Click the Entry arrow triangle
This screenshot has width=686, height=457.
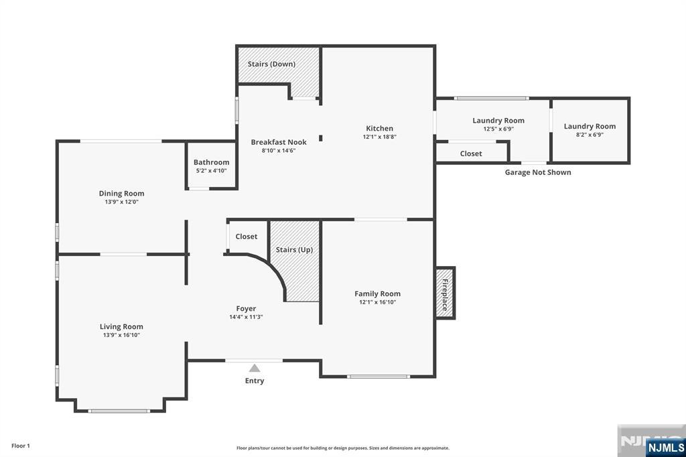pos(255,368)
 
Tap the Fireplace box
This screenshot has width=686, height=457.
pos(445,293)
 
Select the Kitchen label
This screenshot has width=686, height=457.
pos(379,128)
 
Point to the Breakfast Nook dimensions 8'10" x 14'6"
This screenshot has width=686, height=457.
pos(279,151)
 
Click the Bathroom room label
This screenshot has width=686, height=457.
pos(211,162)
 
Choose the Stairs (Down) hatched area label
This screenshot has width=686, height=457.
pos(271,64)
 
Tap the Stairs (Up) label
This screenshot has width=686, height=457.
pos(294,249)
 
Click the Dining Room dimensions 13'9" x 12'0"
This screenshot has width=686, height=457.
pos(122,202)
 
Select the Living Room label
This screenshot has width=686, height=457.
pos(121,326)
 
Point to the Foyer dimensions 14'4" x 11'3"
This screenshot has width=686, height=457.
pos(246,317)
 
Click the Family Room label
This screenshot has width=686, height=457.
pos(377,293)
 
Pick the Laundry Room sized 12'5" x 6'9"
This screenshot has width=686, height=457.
pos(498,121)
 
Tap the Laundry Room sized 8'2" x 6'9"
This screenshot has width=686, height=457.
pos(590,126)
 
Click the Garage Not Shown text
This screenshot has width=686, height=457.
pos(538,172)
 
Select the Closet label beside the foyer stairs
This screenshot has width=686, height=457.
pos(247,237)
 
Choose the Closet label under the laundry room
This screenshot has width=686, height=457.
pos(471,153)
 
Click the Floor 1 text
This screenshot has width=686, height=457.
pos(21,446)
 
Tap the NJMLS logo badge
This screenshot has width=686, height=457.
pos(665,447)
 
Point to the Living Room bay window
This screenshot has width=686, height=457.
pos(119,411)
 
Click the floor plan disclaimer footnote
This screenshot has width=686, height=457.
pos(342,448)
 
